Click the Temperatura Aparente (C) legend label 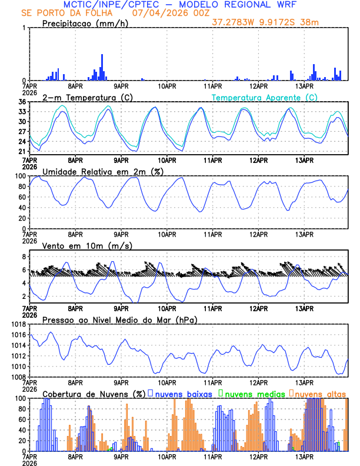[265, 97]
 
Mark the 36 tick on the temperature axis [22, 102]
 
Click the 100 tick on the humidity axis [19, 176]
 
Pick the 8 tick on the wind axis [24, 257]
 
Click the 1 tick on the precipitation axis [24, 28]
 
